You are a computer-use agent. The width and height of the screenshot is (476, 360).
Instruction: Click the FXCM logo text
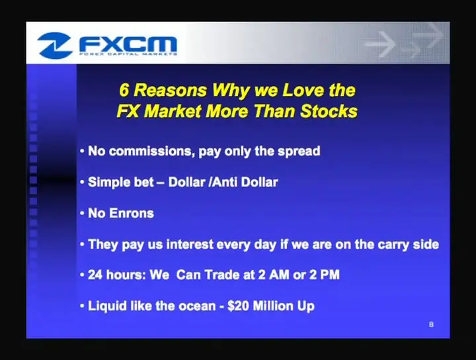(128, 44)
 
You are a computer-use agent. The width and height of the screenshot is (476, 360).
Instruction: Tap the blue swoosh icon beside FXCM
(55, 45)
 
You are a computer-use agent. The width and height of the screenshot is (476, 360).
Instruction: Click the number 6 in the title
(124, 90)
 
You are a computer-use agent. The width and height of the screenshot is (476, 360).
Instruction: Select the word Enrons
(131, 213)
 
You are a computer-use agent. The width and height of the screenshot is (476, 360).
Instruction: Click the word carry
(393, 245)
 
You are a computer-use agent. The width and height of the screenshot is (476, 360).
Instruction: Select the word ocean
(197, 306)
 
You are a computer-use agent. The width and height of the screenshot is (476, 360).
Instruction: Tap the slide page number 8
(431, 325)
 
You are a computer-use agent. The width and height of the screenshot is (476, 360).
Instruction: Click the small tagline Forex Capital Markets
(128, 54)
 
